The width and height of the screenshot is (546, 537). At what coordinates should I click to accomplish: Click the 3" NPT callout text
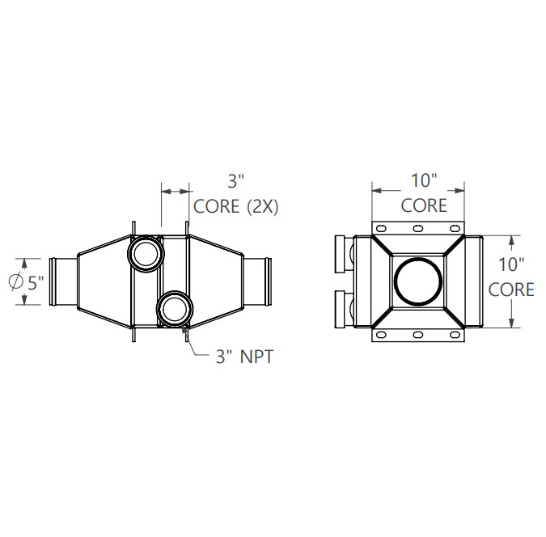pyautogui.click(x=244, y=355)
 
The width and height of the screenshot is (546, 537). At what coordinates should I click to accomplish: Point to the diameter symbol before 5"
pyautogui.click(x=15, y=281)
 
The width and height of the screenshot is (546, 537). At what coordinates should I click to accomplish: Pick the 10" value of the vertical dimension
pyautogui.click(x=511, y=263)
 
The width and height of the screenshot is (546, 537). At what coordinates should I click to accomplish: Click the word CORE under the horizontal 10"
pyautogui.click(x=423, y=205)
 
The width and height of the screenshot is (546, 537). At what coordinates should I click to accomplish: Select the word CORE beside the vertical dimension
pyautogui.click(x=511, y=289)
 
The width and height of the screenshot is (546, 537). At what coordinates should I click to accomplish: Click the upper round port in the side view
pyautogui.click(x=146, y=252)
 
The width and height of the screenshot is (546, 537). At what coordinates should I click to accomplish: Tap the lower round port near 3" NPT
pyautogui.click(x=175, y=309)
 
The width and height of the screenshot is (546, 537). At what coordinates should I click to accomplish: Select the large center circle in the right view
pyautogui.click(x=418, y=281)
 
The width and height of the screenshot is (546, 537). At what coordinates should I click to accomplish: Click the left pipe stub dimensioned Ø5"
pyautogui.click(x=63, y=281)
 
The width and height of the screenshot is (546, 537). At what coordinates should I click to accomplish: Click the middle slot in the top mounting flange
pyautogui.click(x=418, y=228)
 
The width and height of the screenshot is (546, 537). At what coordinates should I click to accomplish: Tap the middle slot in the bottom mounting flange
pyautogui.click(x=418, y=334)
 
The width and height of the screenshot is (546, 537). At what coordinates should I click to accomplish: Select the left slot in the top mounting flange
pyautogui.click(x=383, y=228)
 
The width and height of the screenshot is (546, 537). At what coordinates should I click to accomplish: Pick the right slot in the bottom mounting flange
pyautogui.click(x=454, y=334)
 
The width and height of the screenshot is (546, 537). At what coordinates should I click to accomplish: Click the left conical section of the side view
pyautogui.click(x=101, y=281)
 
